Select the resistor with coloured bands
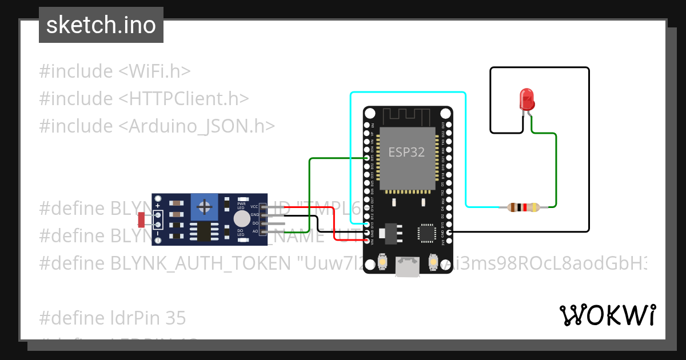[x=523, y=207]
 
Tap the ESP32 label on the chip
[x=406, y=152]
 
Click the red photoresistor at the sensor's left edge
[x=142, y=218]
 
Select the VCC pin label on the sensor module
[x=254, y=206]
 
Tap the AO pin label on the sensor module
[x=255, y=231]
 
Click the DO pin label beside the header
[x=255, y=223]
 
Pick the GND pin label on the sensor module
[x=254, y=215]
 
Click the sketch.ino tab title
[x=101, y=25]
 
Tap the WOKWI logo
[x=607, y=315]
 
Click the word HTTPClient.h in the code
[x=184, y=98]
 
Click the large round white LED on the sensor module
[x=242, y=219]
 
